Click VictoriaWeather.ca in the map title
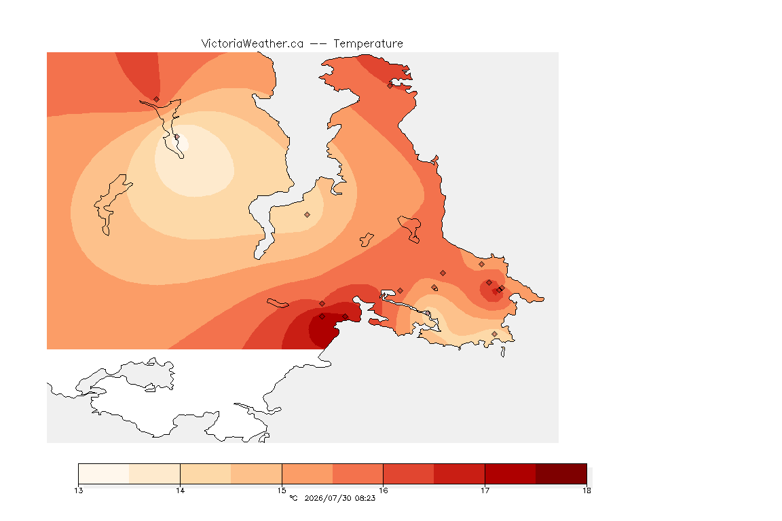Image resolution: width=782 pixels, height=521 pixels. [253, 44]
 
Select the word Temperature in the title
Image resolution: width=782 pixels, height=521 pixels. [368, 44]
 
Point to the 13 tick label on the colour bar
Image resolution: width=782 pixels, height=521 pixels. [78, 490]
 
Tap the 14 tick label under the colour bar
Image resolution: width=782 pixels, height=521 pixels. [180, 490]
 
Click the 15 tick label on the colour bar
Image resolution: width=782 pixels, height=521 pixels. [282, 490]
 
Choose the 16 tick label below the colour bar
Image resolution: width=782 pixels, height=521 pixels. [383, 490]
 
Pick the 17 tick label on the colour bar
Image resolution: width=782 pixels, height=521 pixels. [485, 490]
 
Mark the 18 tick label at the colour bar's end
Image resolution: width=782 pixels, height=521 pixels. [586, 490]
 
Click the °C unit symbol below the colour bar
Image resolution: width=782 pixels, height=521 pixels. [293, 498]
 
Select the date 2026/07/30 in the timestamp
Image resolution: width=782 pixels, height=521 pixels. [327, 498]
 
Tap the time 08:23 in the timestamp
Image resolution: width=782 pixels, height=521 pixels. [365, 498]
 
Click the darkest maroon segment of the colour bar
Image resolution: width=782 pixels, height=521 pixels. [561, 474]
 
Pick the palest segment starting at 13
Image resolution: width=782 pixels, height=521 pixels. [104, 474]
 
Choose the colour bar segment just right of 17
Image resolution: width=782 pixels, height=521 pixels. [510, 474]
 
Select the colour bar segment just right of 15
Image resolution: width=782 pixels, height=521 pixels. [308, 474]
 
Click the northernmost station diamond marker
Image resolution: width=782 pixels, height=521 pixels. [390, 85]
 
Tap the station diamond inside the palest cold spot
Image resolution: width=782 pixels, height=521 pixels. [176, 136]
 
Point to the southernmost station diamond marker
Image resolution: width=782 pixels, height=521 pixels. [494, 334]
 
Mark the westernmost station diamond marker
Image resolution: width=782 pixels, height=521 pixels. [157, 99]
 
